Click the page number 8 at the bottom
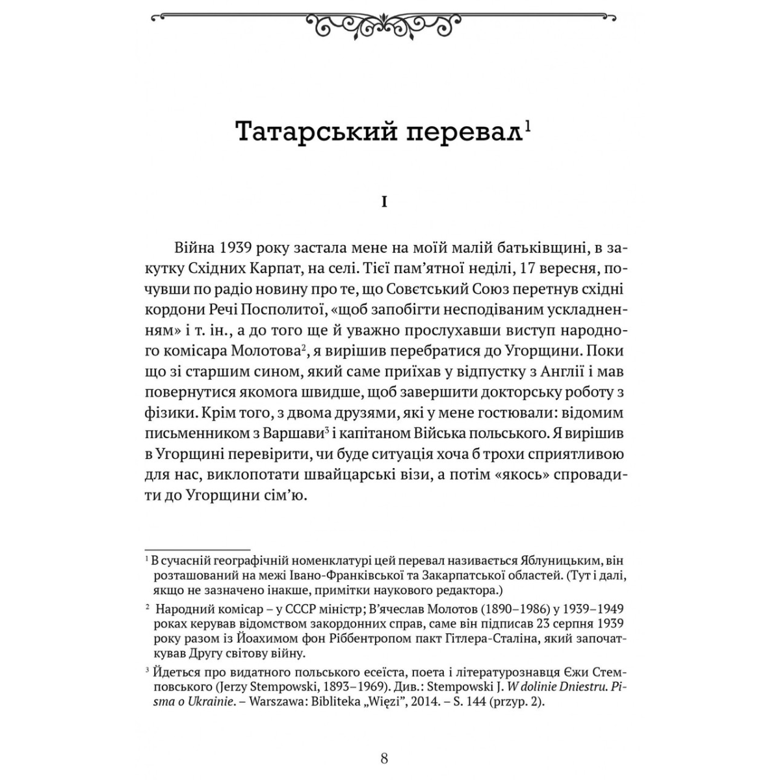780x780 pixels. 384,757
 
